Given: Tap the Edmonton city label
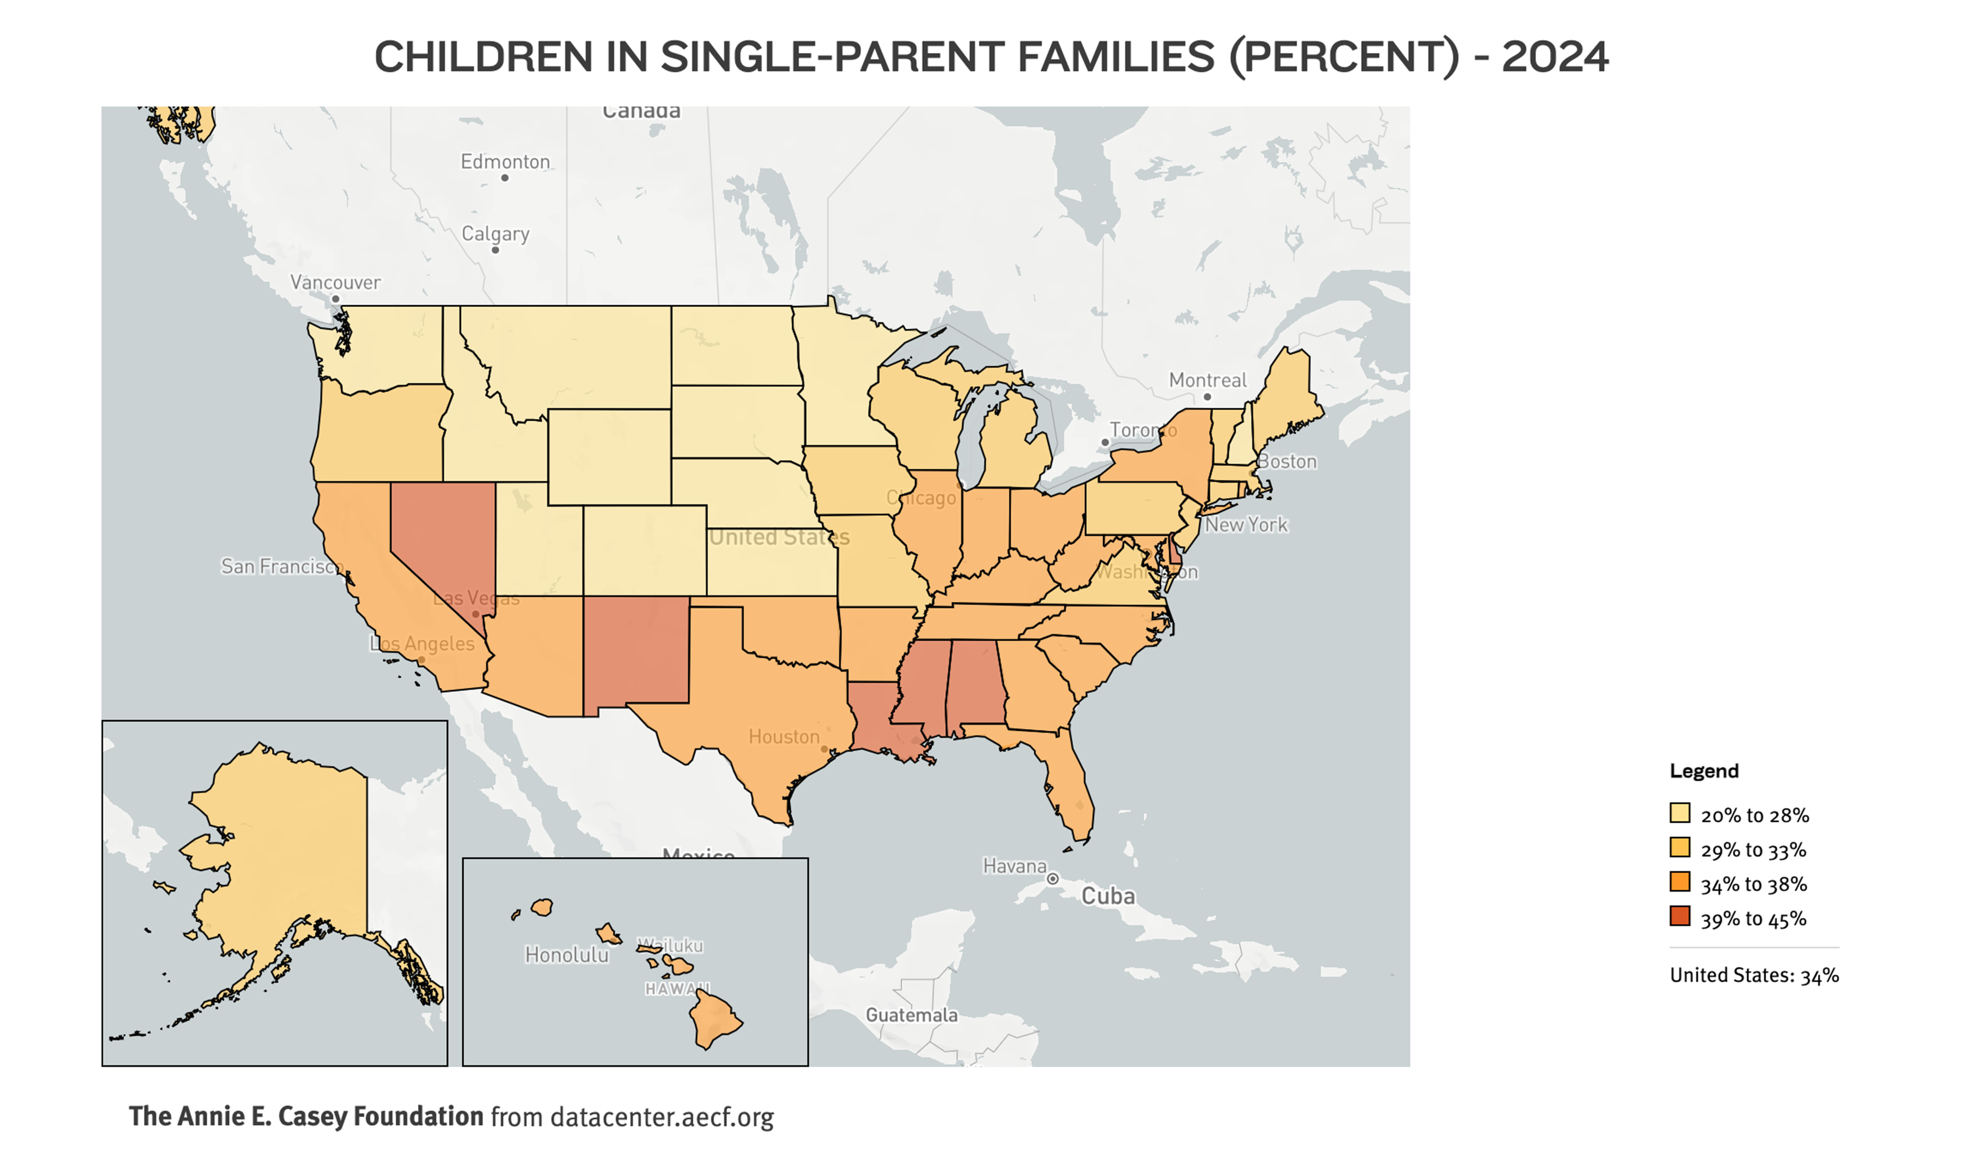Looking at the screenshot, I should pyautogui.click(x=505, y=161).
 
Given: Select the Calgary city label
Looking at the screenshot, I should pyautogui.click(x=495, y=234).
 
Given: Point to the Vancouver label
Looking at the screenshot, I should pyautogui.click(x=335, y=282).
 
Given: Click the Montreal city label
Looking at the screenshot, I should pyautogui.click(x=1207, y=380).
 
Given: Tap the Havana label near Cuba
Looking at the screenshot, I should pyautogui.click(x=1015, y=866).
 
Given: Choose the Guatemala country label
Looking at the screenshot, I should pyautogui.click(x=912, y=1015).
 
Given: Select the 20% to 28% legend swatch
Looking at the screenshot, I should pyautogui.click(x=1680, y=813).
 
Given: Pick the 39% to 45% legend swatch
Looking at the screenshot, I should pyautogui.click(x=1680, y=916).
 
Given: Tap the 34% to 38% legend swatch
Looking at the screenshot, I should pyautogui.click(x=1680, y=882).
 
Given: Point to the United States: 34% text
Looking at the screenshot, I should pyautogui.click(x=1754, y=975).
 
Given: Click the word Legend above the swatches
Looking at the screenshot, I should pyautogui.click(x=1704, y=771).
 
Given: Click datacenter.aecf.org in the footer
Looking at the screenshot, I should pyautogui.click(x=661, y=1117).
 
